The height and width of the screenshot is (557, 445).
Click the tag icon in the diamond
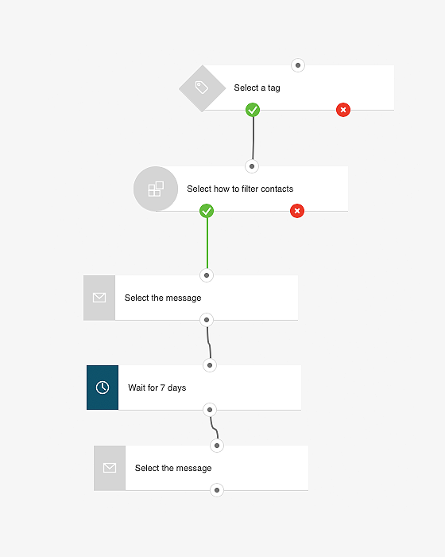(x=202, y=87)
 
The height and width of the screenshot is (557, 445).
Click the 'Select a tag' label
(x=257, y=88)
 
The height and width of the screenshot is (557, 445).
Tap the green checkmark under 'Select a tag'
(x=253, y=110)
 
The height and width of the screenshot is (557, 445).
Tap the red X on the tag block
(x=343, y=110)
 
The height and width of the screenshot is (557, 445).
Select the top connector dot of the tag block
(x=298, y=65)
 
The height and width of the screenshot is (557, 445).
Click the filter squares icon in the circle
(x=156, y=189)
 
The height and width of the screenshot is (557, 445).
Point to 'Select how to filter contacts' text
(x=240, y=189)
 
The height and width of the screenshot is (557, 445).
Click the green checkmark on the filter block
(x=207, y=211)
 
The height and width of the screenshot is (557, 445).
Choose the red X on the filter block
(x=297, y=211)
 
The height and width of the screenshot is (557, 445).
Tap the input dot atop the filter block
(x=252, y=166)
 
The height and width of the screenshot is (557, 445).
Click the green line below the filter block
(x=207, y=243)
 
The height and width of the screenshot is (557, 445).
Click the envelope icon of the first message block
(x=99, y=298)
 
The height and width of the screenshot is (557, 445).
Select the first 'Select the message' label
(x=163, y=298)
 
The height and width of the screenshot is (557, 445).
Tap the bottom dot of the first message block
(x=207, y=320)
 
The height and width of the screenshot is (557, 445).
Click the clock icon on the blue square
(x=103, y=388)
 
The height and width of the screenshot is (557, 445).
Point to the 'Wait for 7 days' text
(x=157, y=388)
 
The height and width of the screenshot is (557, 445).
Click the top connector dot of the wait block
(x=210, y=365)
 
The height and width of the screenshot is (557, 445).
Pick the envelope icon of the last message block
(x=110, y=468)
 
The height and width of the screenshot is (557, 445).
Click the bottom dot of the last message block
(x=217, y=490)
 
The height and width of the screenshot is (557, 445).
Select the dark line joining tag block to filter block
(x=253, y=138)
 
